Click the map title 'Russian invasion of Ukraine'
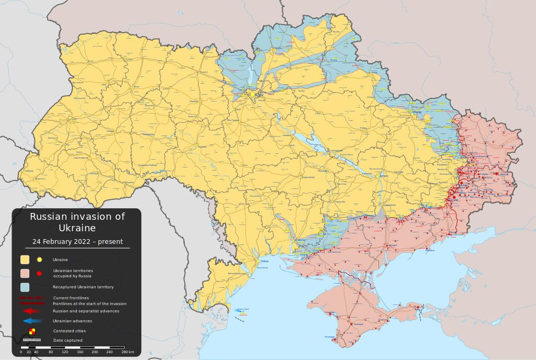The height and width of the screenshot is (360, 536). [x=77, y=222]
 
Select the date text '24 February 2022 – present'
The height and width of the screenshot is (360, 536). [x=77, y=242]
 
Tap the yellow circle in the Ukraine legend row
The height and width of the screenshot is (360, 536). [x=39, y=260]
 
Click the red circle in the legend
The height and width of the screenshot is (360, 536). [x=39, y=273]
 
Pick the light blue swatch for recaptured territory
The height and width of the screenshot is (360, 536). [x=25, y=287]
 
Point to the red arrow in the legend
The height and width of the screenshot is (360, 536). [x=32, y=311]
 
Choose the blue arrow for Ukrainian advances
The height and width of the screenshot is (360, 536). [x=32, y=321]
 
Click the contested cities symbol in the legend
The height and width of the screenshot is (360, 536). [x=32, y=331]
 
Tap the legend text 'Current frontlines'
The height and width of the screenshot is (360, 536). [x=71, y=298]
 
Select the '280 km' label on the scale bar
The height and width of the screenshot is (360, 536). [x=128, y=352]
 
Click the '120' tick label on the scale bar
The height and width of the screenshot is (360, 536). [x=65, y=352]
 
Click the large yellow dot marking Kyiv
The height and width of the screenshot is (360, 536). [x=255, y=95]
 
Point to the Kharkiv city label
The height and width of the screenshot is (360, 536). [x=417, y=113]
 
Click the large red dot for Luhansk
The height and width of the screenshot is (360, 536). [x=497, y=174]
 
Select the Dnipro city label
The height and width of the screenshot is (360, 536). [x=384, y=176]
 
